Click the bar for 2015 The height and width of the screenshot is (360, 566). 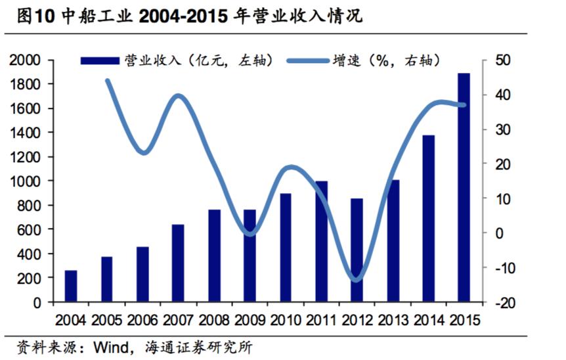click(x=464, y=187)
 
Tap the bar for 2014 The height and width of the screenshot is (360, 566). click(x=428, y=218)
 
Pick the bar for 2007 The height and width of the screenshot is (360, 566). click(x=178, y=263)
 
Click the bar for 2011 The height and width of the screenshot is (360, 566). click(x=321, y=241)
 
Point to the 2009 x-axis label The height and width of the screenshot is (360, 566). click(x=250, y=320)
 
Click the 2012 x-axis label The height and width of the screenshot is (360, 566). click(x=357, y=320)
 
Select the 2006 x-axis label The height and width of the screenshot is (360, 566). click(x=142, y=320)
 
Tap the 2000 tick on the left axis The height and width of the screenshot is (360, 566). click(x=26, y=60)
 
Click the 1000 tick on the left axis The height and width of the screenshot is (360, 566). click(x=26, y=181)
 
